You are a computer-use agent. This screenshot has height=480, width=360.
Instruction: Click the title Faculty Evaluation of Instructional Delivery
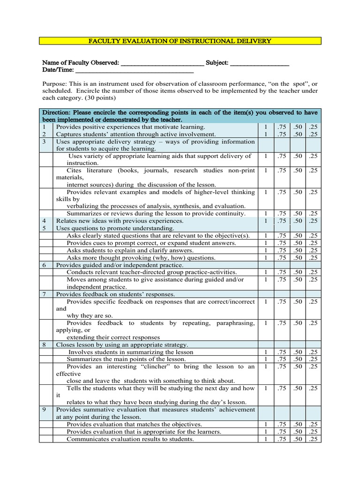(x=180, y=41)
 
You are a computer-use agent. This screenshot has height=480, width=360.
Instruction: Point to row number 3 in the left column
(x=44, y=142)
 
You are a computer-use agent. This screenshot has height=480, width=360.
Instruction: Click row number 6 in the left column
(x=44, y=265)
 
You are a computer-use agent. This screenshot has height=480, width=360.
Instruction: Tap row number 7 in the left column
(x=44, y=294)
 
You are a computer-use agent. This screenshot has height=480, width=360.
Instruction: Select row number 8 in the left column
(x=44, y=345)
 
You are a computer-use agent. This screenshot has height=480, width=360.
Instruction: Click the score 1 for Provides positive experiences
(x=265, y=127)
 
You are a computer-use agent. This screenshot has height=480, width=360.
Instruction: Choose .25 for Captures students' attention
(x=313, y=135)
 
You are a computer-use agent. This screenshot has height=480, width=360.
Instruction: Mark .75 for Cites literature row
(x=281, y=171)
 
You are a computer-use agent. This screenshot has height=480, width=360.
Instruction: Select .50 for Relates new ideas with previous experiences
(x=297, y=221)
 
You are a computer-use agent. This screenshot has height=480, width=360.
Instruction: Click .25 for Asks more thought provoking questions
(x=313, y=258)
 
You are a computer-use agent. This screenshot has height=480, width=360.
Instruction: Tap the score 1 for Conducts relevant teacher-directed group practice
(x=265, y=272)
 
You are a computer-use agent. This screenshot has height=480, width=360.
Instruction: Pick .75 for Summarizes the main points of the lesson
(x=281, y=360)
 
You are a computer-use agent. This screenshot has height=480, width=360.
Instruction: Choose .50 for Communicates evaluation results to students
(x=297, y=439)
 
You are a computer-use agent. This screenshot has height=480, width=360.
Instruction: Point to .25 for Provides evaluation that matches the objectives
(x=313, y=424)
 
